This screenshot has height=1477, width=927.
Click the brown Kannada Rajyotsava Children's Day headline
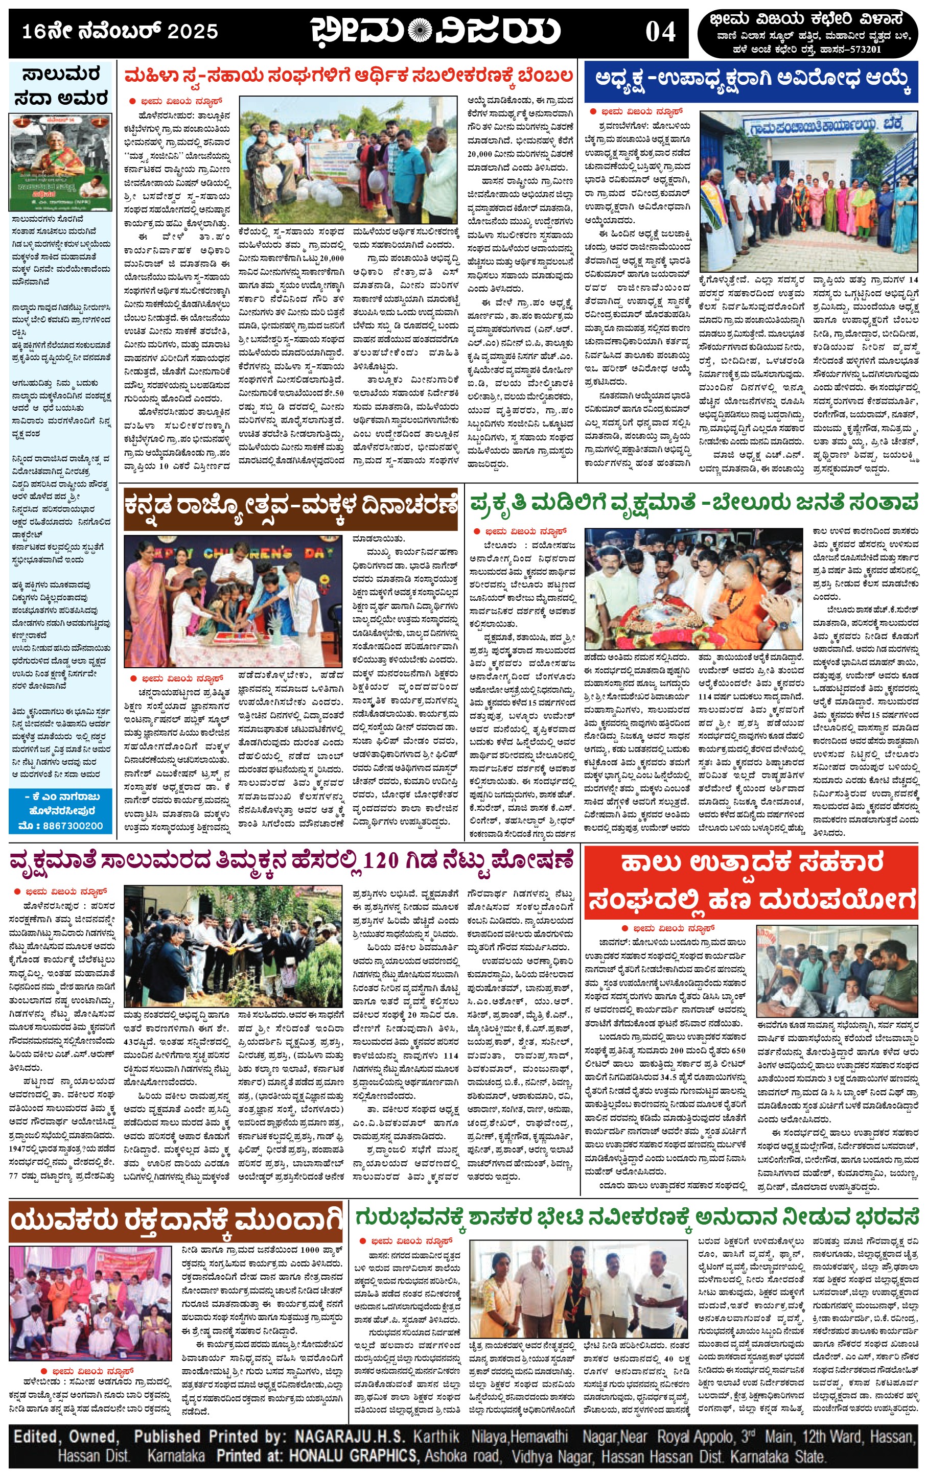coord(291,506)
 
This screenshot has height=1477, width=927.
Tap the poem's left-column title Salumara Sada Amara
coord(61,86)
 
